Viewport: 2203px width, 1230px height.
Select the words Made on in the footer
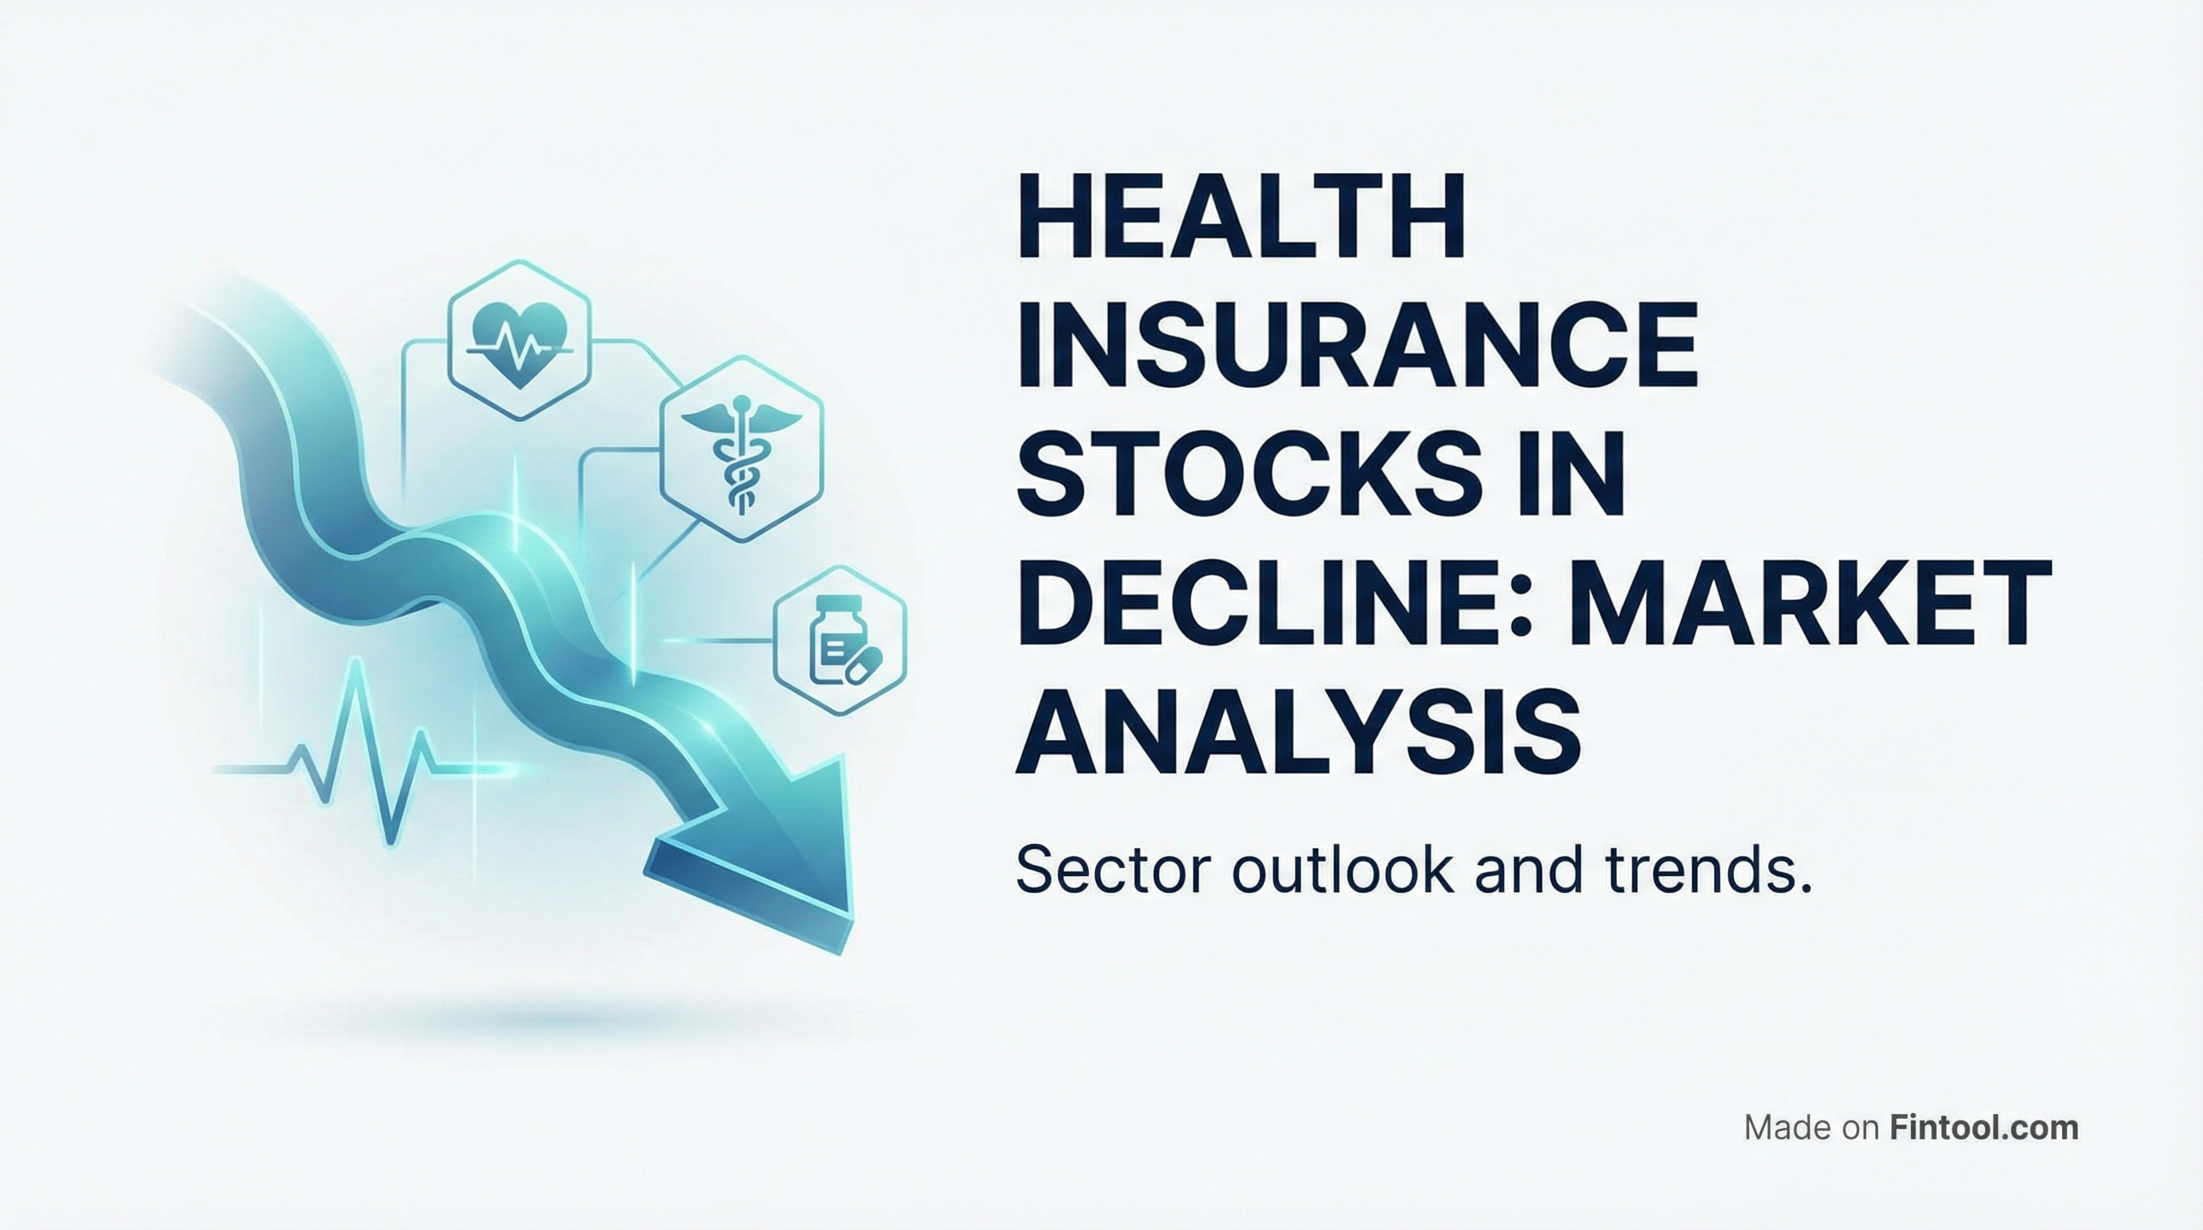1812,1127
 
